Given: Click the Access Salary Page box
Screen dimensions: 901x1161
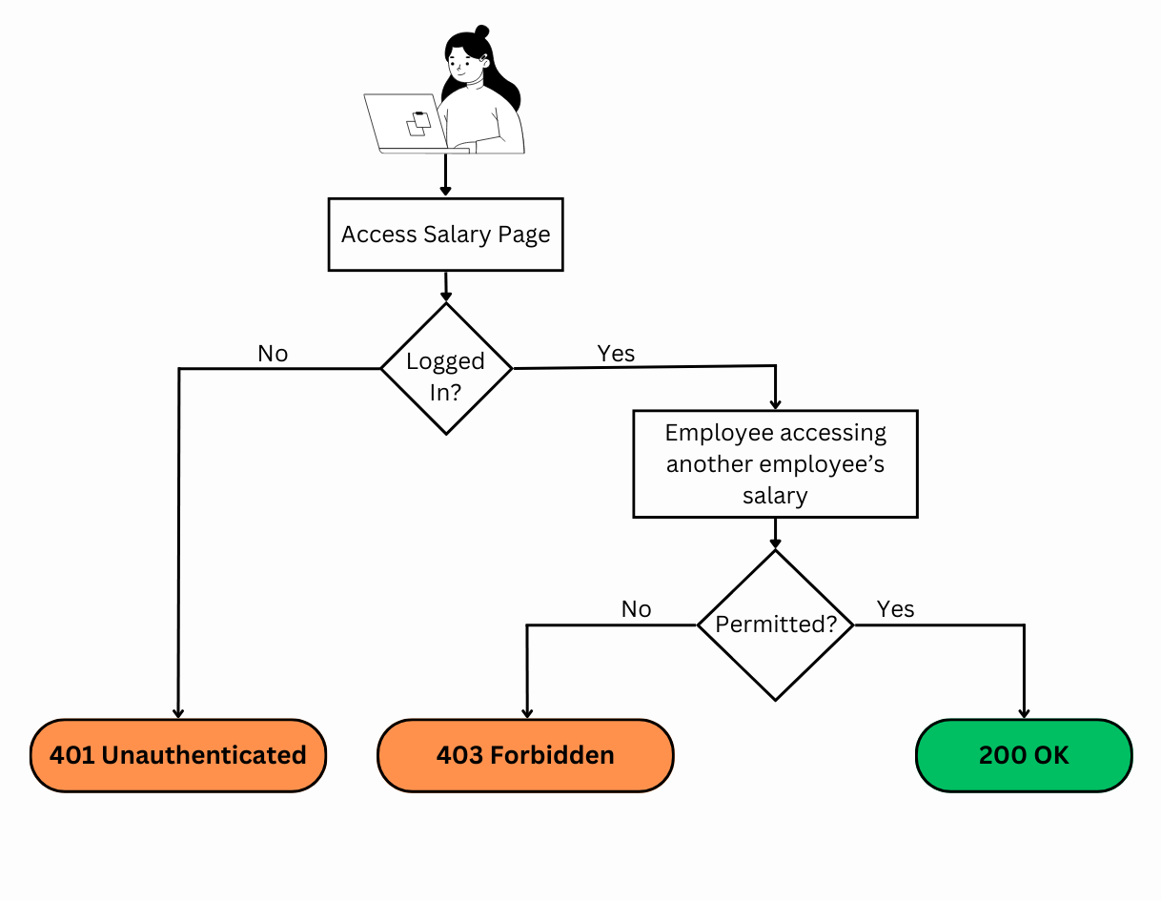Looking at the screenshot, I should click(445, 235).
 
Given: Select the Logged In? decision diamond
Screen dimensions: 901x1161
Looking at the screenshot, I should click(446, 369).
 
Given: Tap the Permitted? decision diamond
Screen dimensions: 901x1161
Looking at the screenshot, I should click(775, 625).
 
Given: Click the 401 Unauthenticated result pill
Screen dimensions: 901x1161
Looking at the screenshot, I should click(178, 755).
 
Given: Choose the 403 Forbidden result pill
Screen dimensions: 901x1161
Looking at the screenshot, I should click(525, 755).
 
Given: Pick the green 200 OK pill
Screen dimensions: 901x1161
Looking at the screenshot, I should click(1024, 755).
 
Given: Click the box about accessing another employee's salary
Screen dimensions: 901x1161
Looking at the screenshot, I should click(775, 464).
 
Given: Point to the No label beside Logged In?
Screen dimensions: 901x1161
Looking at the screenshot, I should click(273, 354).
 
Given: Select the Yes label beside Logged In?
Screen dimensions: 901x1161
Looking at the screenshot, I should click(616, 353).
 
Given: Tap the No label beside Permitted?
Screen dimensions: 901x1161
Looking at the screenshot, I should click(636, 609).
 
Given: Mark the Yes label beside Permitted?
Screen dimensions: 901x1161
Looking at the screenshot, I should click(895, 608).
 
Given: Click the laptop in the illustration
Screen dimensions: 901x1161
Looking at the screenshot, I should click(405, 123).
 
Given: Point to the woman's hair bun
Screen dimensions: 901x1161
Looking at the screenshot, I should click(481, 32).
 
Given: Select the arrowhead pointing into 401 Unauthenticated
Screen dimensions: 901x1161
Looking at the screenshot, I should click(178, 712).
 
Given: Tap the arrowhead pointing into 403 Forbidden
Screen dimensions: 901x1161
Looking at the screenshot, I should click(527, 712).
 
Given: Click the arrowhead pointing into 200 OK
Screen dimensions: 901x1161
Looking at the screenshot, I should click(1025, 712).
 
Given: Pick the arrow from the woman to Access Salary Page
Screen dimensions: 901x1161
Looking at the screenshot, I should click(445, 175).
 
